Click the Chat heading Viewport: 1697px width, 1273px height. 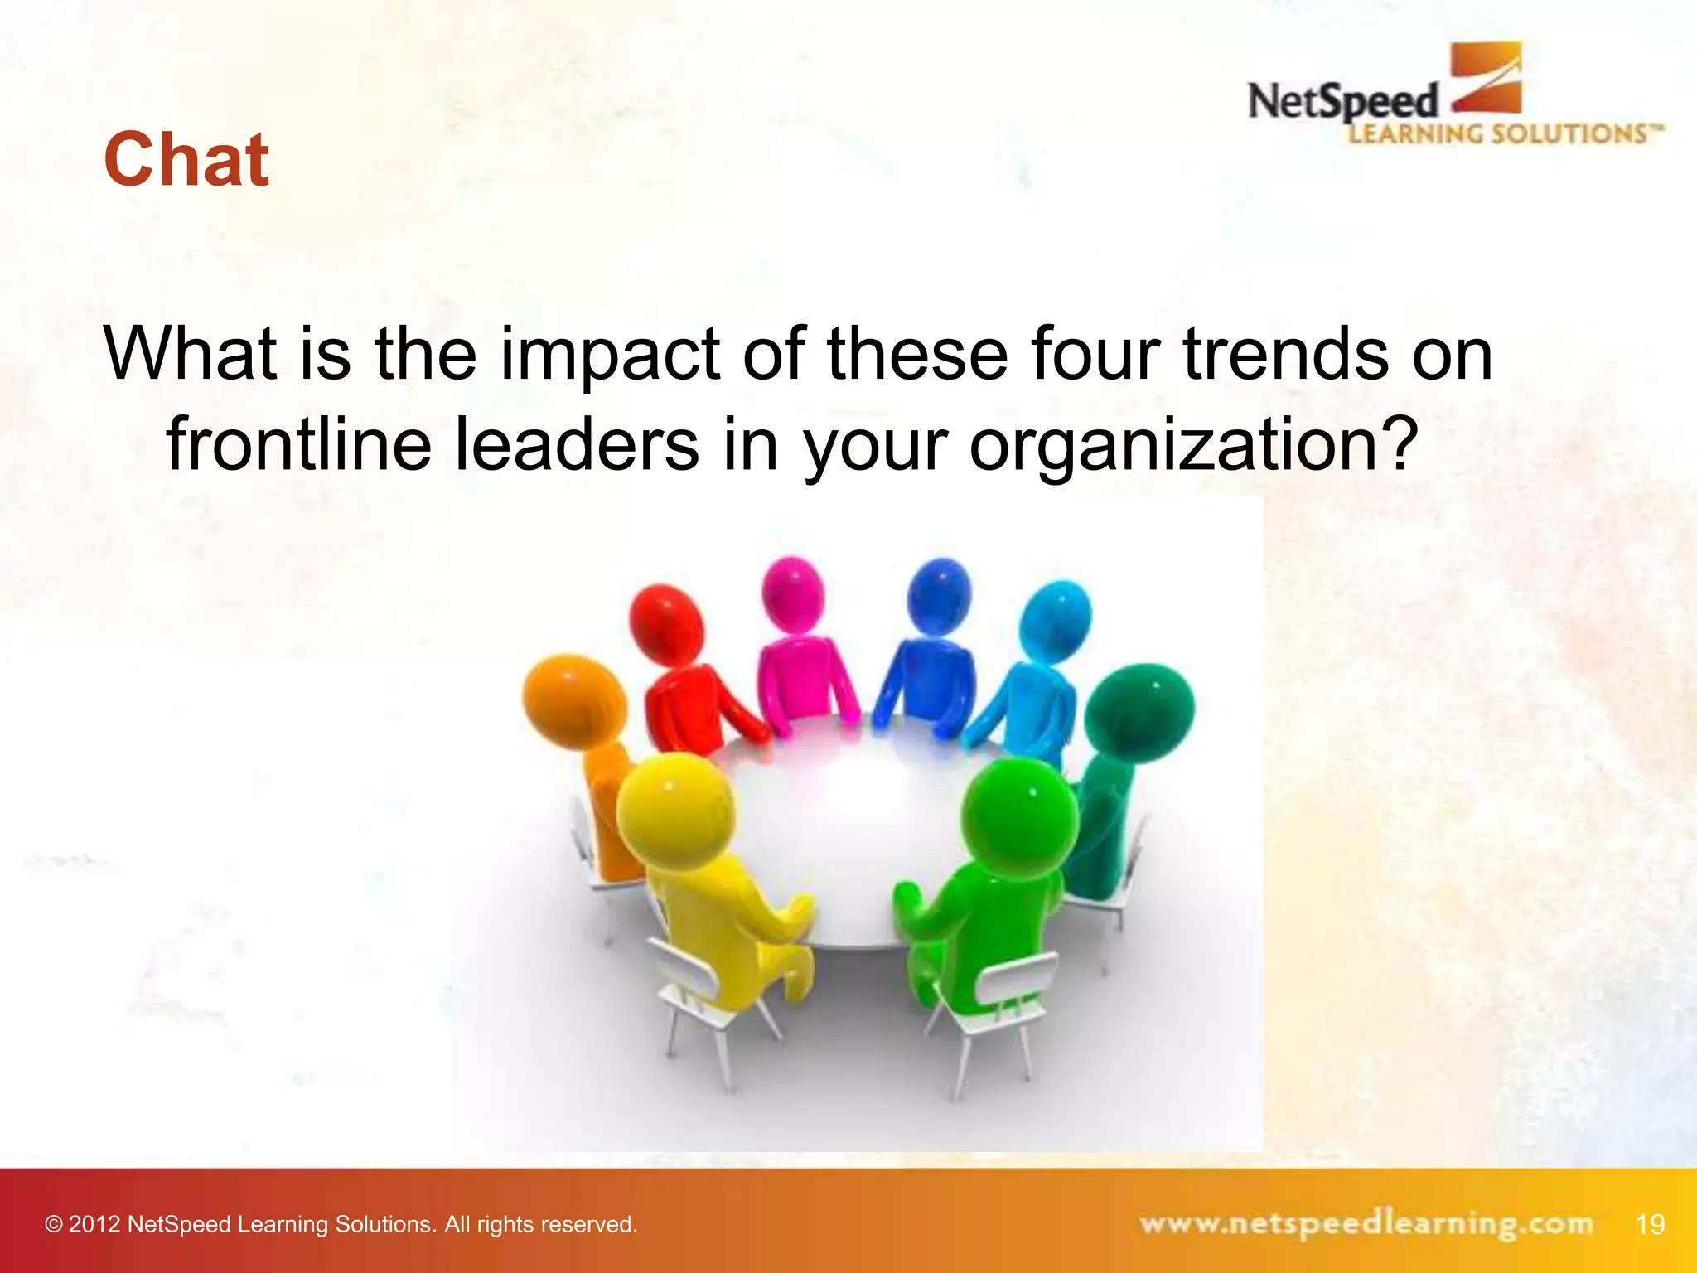pyautogui.click(x=186, y=159)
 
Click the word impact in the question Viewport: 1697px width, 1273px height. pyautogui.click(x=610, y=355)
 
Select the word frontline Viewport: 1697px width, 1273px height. pyautogui.click(x=299, y=444)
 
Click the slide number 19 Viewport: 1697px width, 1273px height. pyautogui.click(x=1650, y=1224)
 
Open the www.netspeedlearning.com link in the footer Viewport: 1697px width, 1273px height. pyautogui.click(x=1366, y=1223)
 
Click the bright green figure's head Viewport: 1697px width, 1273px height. pyautogui.click(x=1019, y=813)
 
